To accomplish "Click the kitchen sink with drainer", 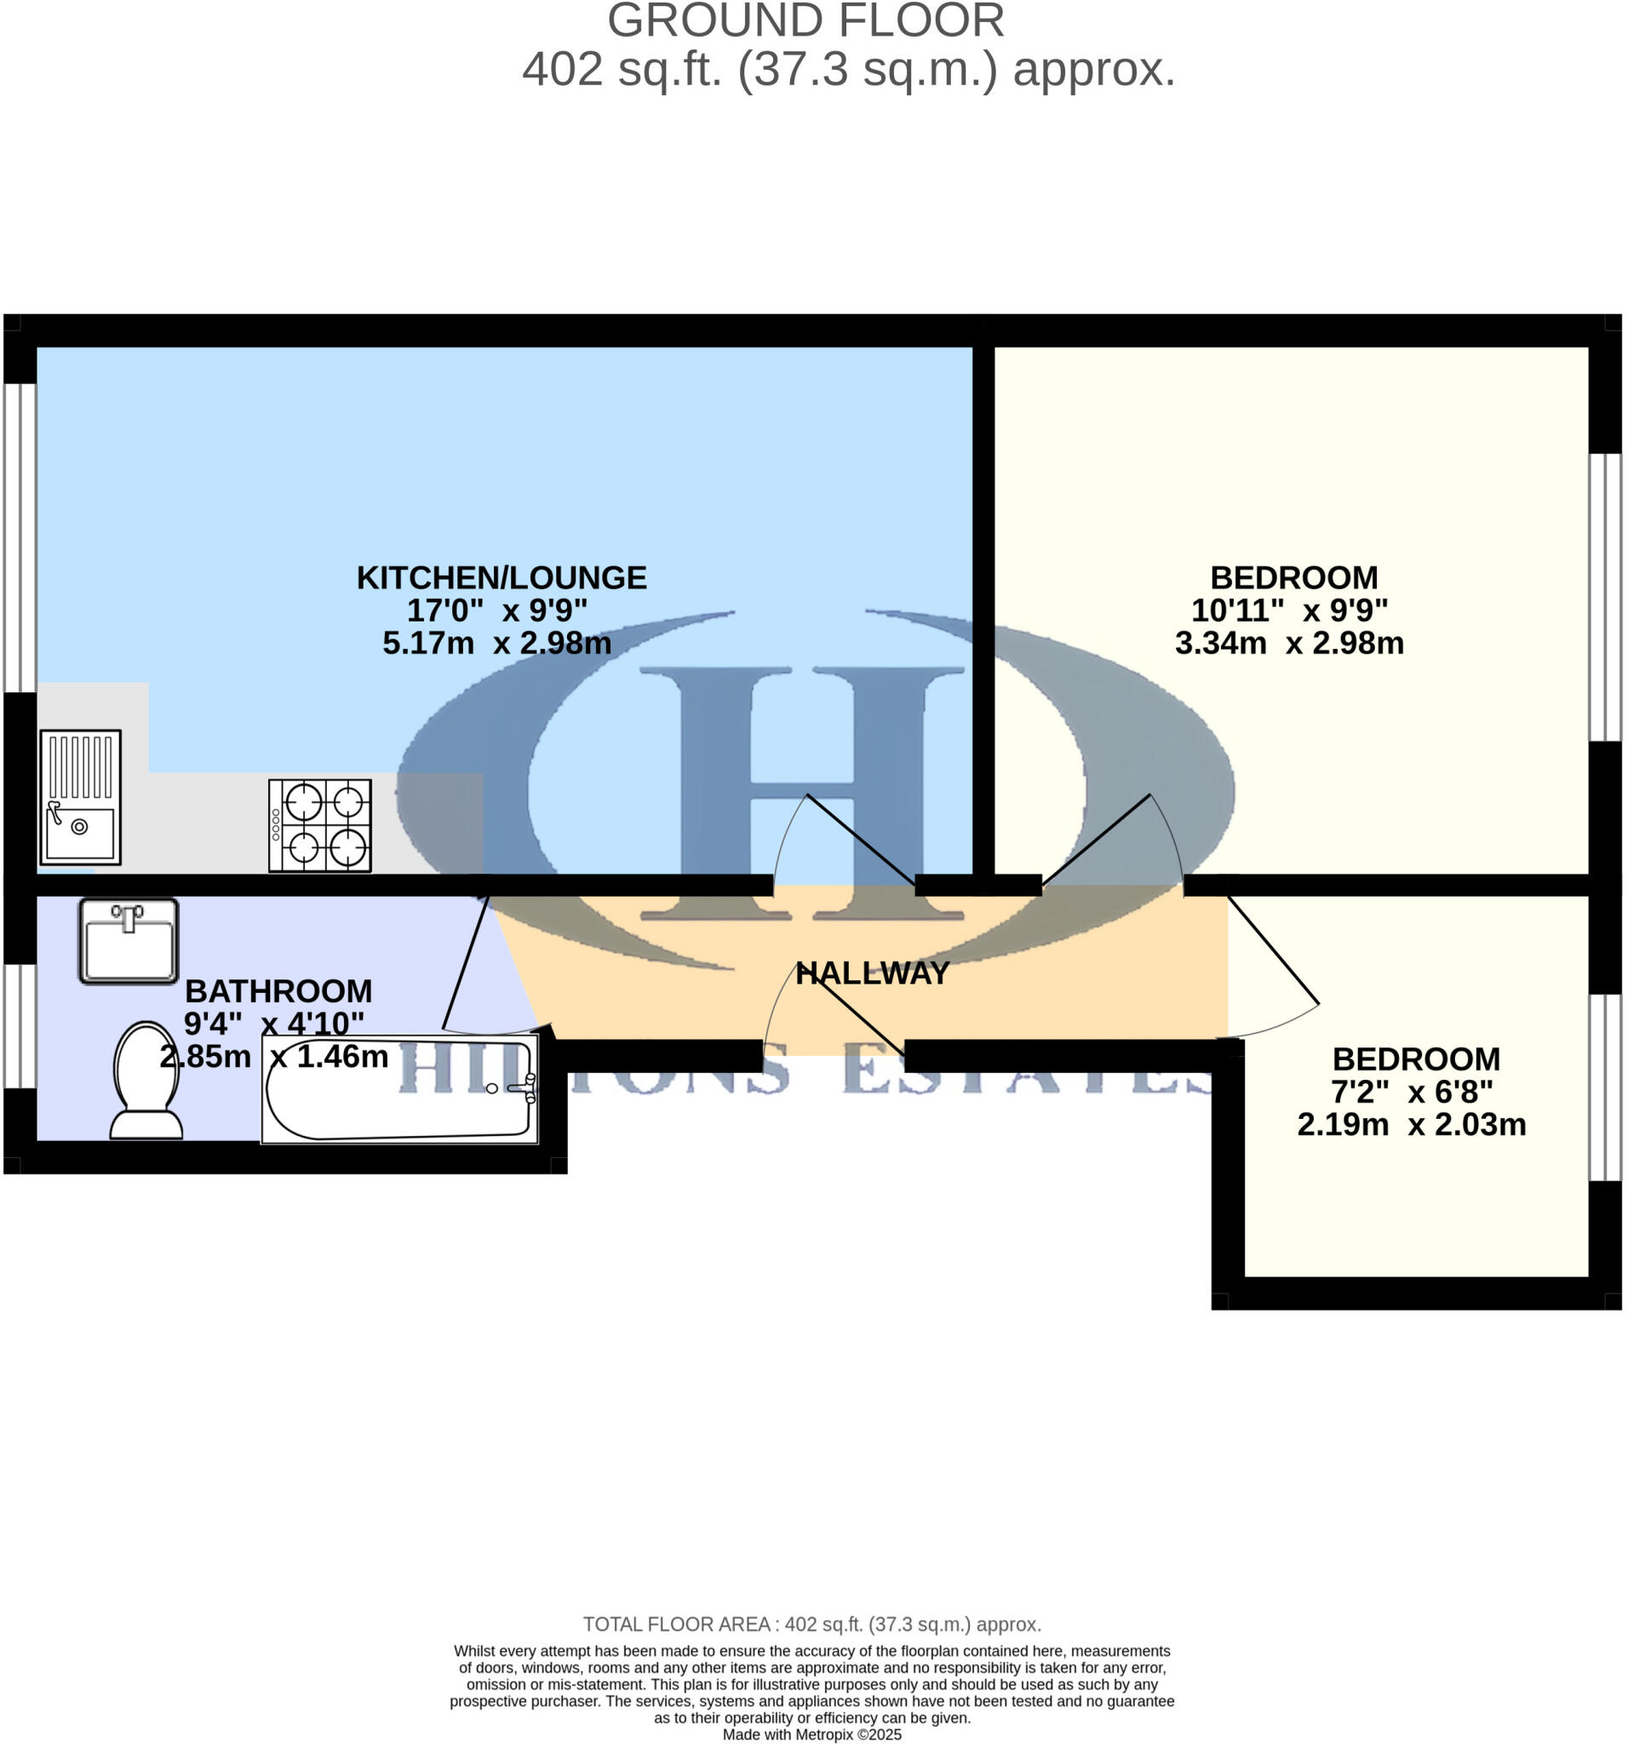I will click(x=80, y=796).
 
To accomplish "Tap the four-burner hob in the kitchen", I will click(x=320, y=825).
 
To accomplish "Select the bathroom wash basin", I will click(x=128, y=940).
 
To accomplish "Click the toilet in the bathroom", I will click(x=146, y=1080).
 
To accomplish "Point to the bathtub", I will click(x=399, y=1091).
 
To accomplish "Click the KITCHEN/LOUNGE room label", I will click(x=501, y=577).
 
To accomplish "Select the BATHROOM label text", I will click(x=278, y=990).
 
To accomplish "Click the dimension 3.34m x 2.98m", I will click(x=1288, y=643).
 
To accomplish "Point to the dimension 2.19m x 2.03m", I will click(x=1411, y=1124).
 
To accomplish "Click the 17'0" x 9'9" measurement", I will click(x=496, y=610).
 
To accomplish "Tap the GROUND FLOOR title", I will click(x=805, y=21).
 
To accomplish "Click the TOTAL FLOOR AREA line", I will click(x=811, y=1624).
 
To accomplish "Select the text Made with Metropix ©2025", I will click(x=811, y=1735).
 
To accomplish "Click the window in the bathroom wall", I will click(x=20, y=1025).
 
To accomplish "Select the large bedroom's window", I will click(x=1605, y=597).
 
